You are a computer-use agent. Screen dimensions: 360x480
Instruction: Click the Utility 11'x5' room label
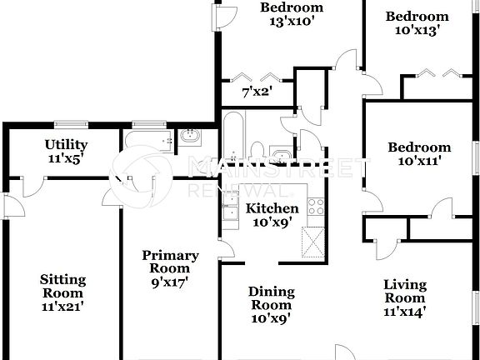click(65, 150)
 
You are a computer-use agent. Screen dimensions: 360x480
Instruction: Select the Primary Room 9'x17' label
click(170, 268)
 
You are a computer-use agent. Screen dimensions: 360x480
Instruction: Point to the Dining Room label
click(272, 304)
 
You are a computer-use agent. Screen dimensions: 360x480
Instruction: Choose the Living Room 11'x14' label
click(404, 297)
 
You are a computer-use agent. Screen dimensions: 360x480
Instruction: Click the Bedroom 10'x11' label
click(419, 153)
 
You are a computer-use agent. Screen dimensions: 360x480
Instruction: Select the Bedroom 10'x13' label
click(417, 22)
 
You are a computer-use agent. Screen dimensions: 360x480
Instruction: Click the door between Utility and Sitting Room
click(33, 185)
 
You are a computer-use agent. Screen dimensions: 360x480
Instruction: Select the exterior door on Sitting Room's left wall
click(6, 207)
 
